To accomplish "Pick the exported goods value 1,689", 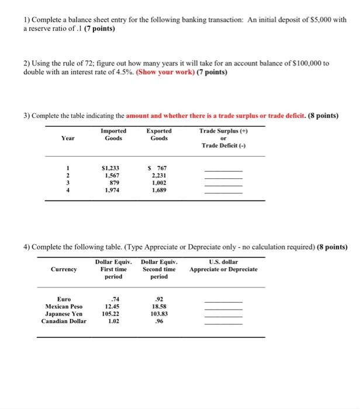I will point(158,189).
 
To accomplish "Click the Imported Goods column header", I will point(113,135).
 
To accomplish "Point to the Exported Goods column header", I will point(159,135).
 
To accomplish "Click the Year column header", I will point(67,139).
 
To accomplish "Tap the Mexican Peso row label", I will point(64,306).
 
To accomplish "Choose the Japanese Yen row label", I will point(64,313).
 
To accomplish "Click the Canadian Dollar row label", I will point(64,321).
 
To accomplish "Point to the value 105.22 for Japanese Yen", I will point(110,313).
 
